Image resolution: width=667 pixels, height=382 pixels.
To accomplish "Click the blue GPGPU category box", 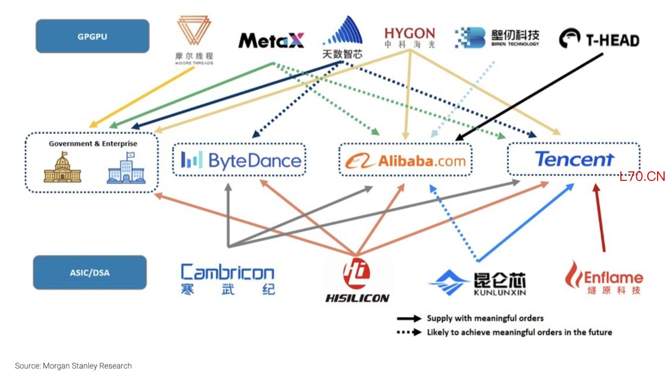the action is click(x=92, y=36).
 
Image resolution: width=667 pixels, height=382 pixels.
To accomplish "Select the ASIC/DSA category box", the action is click(x=90, y=272).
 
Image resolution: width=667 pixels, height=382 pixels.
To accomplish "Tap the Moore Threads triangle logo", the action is click(x=194, y=30).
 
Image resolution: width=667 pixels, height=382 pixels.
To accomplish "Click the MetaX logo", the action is click(x=271, y=41).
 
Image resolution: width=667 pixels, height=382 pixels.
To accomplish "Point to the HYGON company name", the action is click(x=410, y=33).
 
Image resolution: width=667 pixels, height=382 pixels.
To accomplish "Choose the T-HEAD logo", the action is click(x=599, y=39).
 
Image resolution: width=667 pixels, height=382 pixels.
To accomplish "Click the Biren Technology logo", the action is click(x=497, y=38).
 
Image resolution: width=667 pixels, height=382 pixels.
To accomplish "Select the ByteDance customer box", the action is click(x=239, y=160).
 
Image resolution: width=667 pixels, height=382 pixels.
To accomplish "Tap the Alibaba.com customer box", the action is click(x=405, y=160).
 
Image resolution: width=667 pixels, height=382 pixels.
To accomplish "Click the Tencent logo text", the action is click(x=574, y=159).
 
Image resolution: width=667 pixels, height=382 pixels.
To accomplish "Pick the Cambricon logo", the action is click(x=228, y=279).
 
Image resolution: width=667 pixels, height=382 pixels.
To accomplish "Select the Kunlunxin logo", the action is click(x=477, y=282).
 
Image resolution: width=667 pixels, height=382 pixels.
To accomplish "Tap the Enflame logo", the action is click(x=604, y=277).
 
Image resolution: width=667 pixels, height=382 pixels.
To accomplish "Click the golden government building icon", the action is click(x=62, y=167).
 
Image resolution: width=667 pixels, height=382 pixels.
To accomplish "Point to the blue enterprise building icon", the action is click(x=126, y=167).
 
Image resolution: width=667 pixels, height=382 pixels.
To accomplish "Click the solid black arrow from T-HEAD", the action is click(x=529, y=97).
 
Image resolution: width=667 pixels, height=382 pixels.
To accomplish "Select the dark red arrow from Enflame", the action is click(x=600, y=218).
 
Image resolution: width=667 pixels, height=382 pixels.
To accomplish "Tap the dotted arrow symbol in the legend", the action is click(x=409, y=332).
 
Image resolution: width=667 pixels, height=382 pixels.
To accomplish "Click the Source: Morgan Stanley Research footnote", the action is click(x=73, y=366).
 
